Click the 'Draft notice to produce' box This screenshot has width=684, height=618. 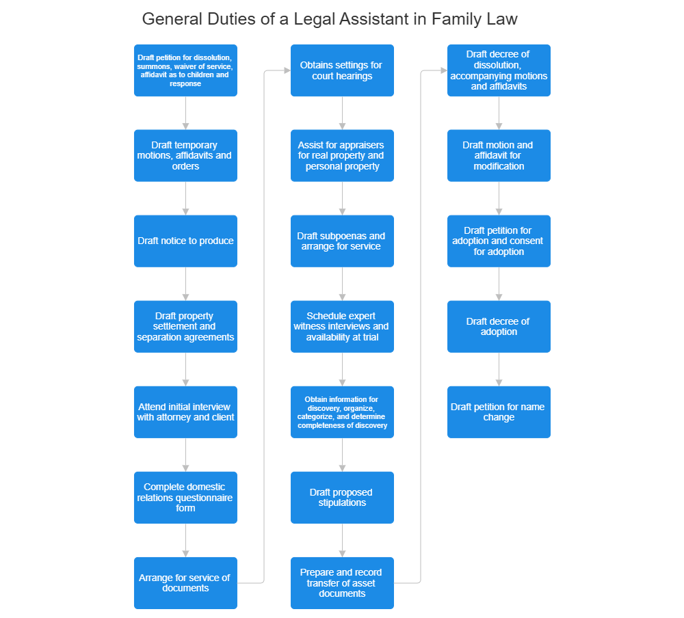point(185,241)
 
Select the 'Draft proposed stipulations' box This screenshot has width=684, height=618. point(342,497)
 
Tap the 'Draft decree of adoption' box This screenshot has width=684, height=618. point(499,326)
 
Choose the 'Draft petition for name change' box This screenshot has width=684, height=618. point(499,412)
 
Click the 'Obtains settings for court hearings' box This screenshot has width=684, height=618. point(342,70)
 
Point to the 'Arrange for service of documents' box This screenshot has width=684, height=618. point(185,582)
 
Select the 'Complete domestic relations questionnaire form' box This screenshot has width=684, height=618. point(185,497)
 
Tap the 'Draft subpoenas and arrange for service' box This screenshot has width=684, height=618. point(342,241)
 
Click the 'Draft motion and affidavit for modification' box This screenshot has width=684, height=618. point(499,155)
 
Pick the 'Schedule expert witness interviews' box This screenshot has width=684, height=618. point(342,326)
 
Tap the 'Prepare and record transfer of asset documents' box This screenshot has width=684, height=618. point(342,582)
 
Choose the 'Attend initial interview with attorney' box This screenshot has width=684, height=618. point(185,412)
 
